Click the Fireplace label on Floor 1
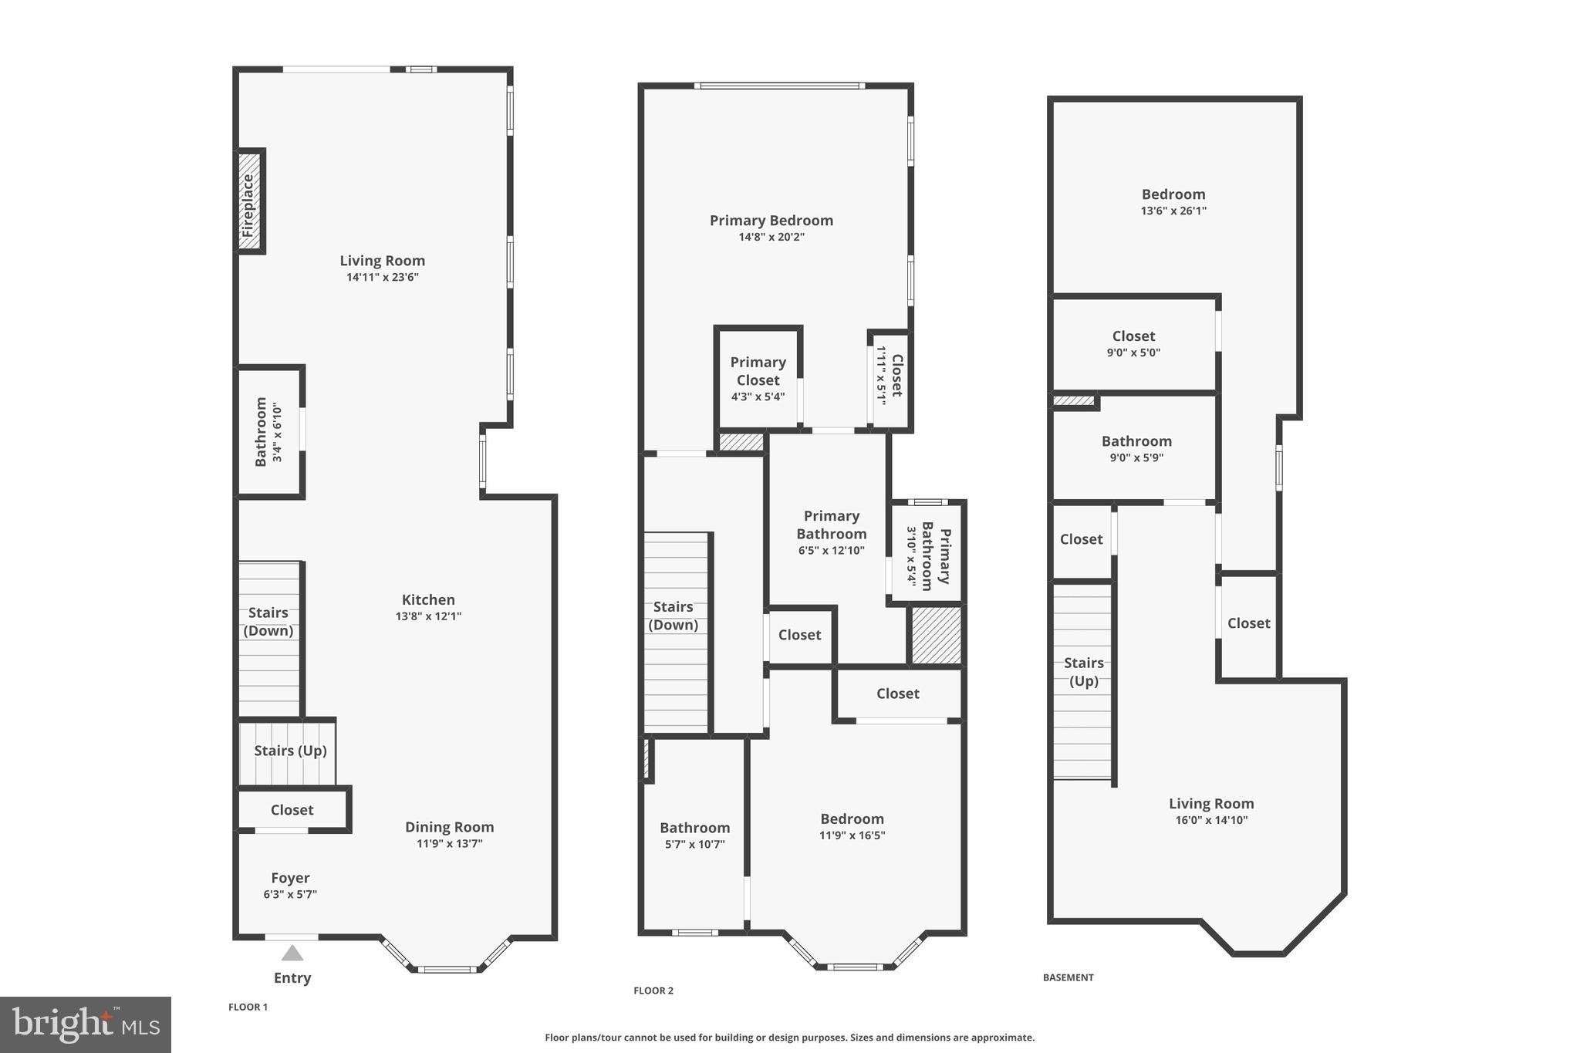pos(248,205)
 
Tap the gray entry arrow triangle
pos(292,953)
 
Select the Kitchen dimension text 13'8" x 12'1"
pos(428,616)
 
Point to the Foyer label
pos(290,878)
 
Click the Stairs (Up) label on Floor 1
pos(290,751)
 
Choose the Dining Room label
pos(449,827)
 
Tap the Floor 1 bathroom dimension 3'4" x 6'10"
pos(277,433)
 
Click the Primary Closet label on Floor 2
pos(758,371)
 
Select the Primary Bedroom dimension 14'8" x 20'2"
pos(771,237)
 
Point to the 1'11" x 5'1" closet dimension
pos(880,376)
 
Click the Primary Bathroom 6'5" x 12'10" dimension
pos(831,551)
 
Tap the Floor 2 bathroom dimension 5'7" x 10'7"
pos(694,844)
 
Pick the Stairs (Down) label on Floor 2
pos(673,616)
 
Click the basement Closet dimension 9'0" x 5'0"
pos(1133,353)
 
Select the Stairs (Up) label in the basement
pos(1083,672)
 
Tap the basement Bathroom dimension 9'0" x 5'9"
pos(1136,457)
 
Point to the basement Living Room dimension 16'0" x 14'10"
pos(1210,820)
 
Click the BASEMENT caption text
pos(1068,977)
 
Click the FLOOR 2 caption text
pos(653,991)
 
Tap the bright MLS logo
pos(86,1024)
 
